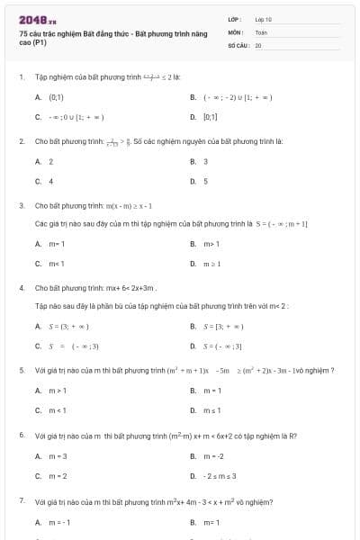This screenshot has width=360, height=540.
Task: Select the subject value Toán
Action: tap(261, 31)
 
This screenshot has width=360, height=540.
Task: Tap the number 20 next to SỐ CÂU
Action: tap(258, 43)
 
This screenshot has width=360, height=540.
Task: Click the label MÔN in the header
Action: tap(234, 31)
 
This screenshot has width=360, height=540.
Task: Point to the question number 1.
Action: tap(21, 77)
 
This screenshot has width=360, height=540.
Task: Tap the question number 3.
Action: tap(21, 205)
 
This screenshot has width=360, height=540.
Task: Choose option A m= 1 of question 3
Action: tap(57, 243)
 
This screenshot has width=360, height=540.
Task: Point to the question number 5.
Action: tap(21, 370)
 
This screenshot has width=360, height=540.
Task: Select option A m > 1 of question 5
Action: tap(58, 390)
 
